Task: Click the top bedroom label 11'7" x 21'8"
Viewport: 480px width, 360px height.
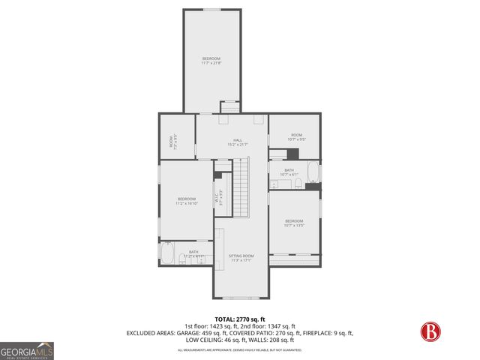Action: point(211,61)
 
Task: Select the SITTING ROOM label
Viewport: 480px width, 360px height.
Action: point(241,258)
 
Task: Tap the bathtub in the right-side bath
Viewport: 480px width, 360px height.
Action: point(313,175)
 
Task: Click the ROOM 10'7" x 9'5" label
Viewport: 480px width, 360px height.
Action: point(296,137)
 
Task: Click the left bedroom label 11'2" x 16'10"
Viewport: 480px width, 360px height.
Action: point(187,200)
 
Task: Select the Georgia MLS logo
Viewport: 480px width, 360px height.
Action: point(26,350)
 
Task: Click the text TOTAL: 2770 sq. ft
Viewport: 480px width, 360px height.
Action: point(241,319)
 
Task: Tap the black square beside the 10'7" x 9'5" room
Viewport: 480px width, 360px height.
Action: point(293,154)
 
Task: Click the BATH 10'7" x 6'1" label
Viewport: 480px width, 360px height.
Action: point(289,172)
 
